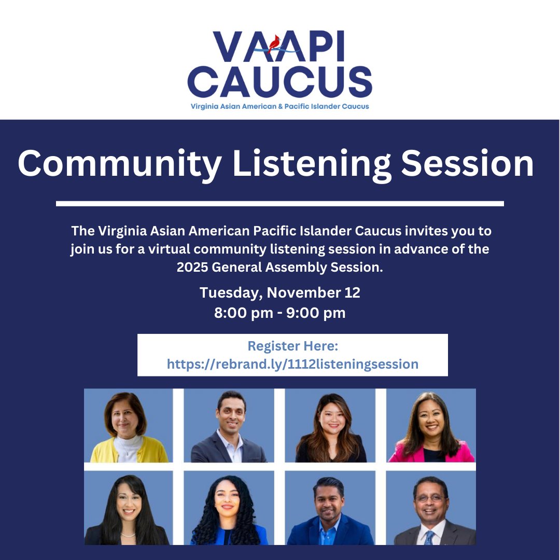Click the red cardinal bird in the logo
274,43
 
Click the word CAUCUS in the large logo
279,81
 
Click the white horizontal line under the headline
279,203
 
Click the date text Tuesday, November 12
279,292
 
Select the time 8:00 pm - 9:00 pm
279,313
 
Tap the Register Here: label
292,346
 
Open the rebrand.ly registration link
292,364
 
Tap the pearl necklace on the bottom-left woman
128,534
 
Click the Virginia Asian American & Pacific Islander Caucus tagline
279,106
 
